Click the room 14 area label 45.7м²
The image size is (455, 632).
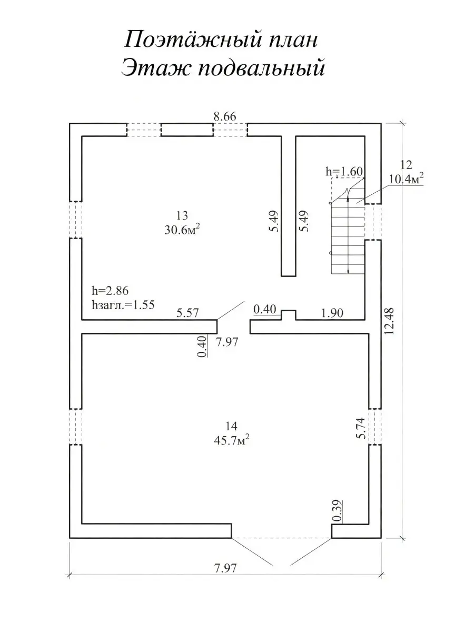229,440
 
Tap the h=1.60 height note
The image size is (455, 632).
345,171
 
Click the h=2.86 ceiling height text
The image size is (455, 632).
110,290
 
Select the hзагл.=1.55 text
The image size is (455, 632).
122,304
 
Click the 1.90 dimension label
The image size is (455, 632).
332,313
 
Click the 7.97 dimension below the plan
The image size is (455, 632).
225,568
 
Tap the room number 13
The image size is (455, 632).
182,215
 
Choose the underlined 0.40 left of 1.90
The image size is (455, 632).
264,309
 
